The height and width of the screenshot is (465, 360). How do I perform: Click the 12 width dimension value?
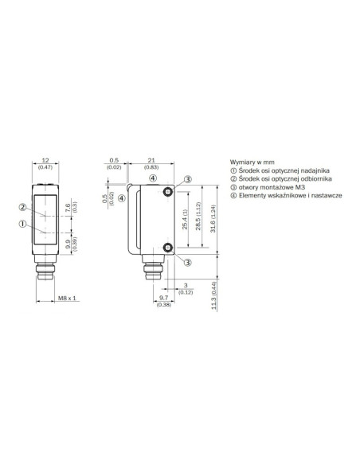coord(45,160)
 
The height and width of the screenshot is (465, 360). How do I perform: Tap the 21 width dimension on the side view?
coord(151,160)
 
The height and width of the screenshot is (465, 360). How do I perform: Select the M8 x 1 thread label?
coord(67,298)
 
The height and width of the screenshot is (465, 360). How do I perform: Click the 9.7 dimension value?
coord(163,298)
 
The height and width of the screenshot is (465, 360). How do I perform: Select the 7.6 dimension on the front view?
coord(68,208)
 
